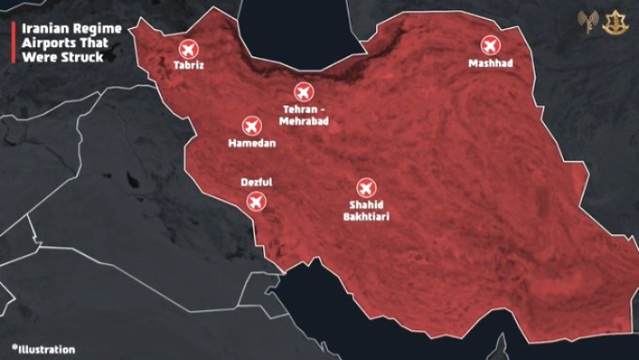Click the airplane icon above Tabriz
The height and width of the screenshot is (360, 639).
click(x=187, y=49)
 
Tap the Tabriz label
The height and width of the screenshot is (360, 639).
click(x=188, y=67)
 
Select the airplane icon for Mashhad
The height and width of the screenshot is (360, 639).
click(x=490, y=44)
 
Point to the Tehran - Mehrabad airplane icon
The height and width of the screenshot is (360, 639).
click(x=303, y=92)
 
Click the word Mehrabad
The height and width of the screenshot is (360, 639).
click(x=303, y=120)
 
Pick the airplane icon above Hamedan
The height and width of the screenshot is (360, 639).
click(x=252, y=126)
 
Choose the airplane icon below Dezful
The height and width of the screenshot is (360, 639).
click(x=255, y=201)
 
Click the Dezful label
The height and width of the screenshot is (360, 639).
click(x=255, y=183)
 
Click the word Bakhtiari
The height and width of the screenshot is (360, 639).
click(x=366, y=216)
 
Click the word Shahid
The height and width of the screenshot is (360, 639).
click(x=366, y=205)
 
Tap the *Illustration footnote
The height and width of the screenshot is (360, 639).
click(x=43, y=350)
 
